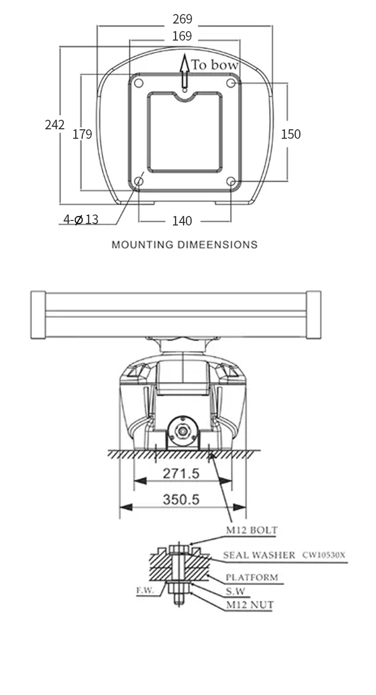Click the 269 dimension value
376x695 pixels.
click(x=182, y=19)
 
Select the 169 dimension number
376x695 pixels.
click(x=182, y=36)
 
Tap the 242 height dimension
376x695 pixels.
click(x=55, y=125)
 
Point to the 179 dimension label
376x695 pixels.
click(x=82, y=134)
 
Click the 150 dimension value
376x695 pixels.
click(x=291, y=134)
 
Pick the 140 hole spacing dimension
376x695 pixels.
click(x=182, y=221)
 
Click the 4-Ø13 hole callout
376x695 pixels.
click(x=81, y=219)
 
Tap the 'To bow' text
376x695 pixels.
click(x=215, y=65)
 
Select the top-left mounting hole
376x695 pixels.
click(x=138, y=83)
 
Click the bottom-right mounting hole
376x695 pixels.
click(x=231, y=181)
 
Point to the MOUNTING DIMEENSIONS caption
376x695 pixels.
click(x=184, y=245)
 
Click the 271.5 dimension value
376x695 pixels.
click(x=181, y=474)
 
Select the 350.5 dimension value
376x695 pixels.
click(x=181, y=500)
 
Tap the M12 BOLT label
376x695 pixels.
click(x=252, y=530)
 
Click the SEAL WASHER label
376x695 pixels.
click(x=259, y=555)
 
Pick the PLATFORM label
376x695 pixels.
click(x=252, y=577)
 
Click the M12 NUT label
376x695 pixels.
click(x=250, y=605)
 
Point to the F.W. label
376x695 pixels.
click(x=145, y=590)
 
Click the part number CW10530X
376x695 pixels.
click(x=324, y=555)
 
